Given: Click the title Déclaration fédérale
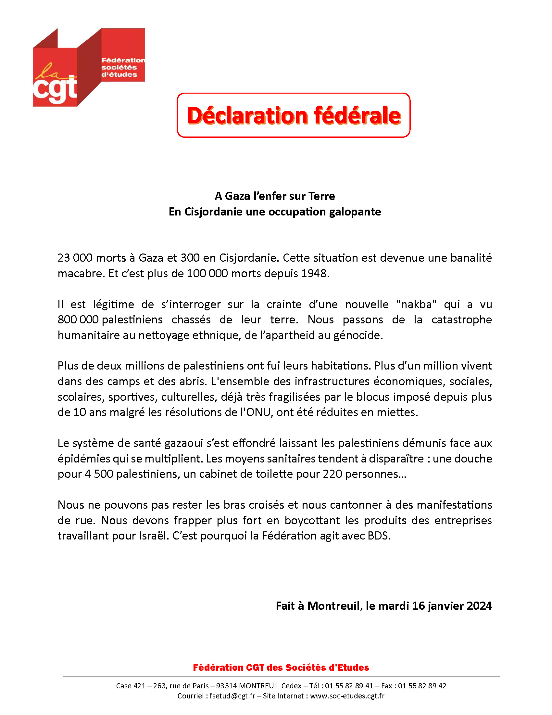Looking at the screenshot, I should [293, 116].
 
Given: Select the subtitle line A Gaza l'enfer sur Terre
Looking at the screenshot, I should [275, 196].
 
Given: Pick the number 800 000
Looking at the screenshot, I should [78, 320].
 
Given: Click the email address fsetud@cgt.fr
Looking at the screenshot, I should [232, 696].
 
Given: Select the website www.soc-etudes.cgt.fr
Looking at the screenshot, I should [347, 696].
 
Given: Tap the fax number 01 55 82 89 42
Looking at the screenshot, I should [422, 686].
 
